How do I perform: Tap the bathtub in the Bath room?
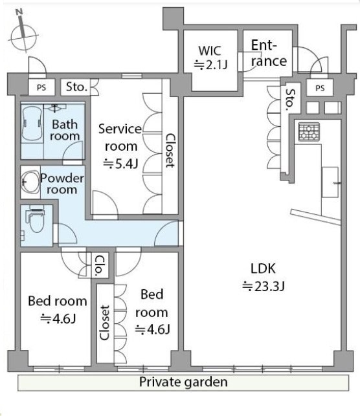32,124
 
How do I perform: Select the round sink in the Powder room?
30,182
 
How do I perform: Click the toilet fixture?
35,219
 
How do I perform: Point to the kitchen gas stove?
309,131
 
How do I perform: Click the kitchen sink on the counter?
330,182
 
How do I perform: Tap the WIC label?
210,50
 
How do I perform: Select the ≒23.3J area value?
263,287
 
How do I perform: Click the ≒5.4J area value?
120,164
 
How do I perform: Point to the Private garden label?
183,382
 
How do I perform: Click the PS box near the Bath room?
41,87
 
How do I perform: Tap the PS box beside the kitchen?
320,88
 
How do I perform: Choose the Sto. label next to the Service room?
76,87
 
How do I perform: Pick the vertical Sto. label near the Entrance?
291,100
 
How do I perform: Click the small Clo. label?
99,266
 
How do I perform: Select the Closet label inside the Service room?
170,151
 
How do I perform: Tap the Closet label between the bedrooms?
105,323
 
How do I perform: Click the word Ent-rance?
269,53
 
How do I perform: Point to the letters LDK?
263,268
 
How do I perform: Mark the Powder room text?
62,184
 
